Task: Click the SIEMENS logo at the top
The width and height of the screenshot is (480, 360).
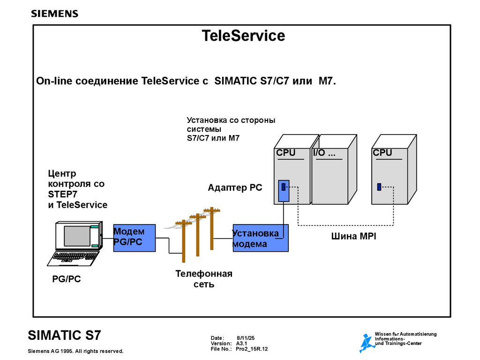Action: [54, 14]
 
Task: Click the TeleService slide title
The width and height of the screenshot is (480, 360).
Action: [243, 36]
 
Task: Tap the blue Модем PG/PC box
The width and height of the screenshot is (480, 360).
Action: [135, 238]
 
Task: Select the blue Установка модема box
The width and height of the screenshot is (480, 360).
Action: [261, 238]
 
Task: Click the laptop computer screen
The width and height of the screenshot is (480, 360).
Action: [77, 236]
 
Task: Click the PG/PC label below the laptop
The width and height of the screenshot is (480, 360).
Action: [66, 279]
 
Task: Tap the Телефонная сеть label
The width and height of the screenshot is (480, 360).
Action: [204, 279]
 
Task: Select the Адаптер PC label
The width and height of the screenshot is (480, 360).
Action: [235, 188]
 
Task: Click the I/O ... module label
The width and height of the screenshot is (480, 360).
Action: [324, 153]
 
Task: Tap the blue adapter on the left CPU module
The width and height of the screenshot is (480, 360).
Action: [283, 190]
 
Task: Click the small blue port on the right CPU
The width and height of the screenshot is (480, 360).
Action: [379, 187]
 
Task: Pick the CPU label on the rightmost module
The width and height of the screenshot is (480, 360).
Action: [382, 153]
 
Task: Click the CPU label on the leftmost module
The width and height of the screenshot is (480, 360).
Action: [285, 153]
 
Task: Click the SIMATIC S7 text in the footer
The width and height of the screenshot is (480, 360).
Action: [64, 335]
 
